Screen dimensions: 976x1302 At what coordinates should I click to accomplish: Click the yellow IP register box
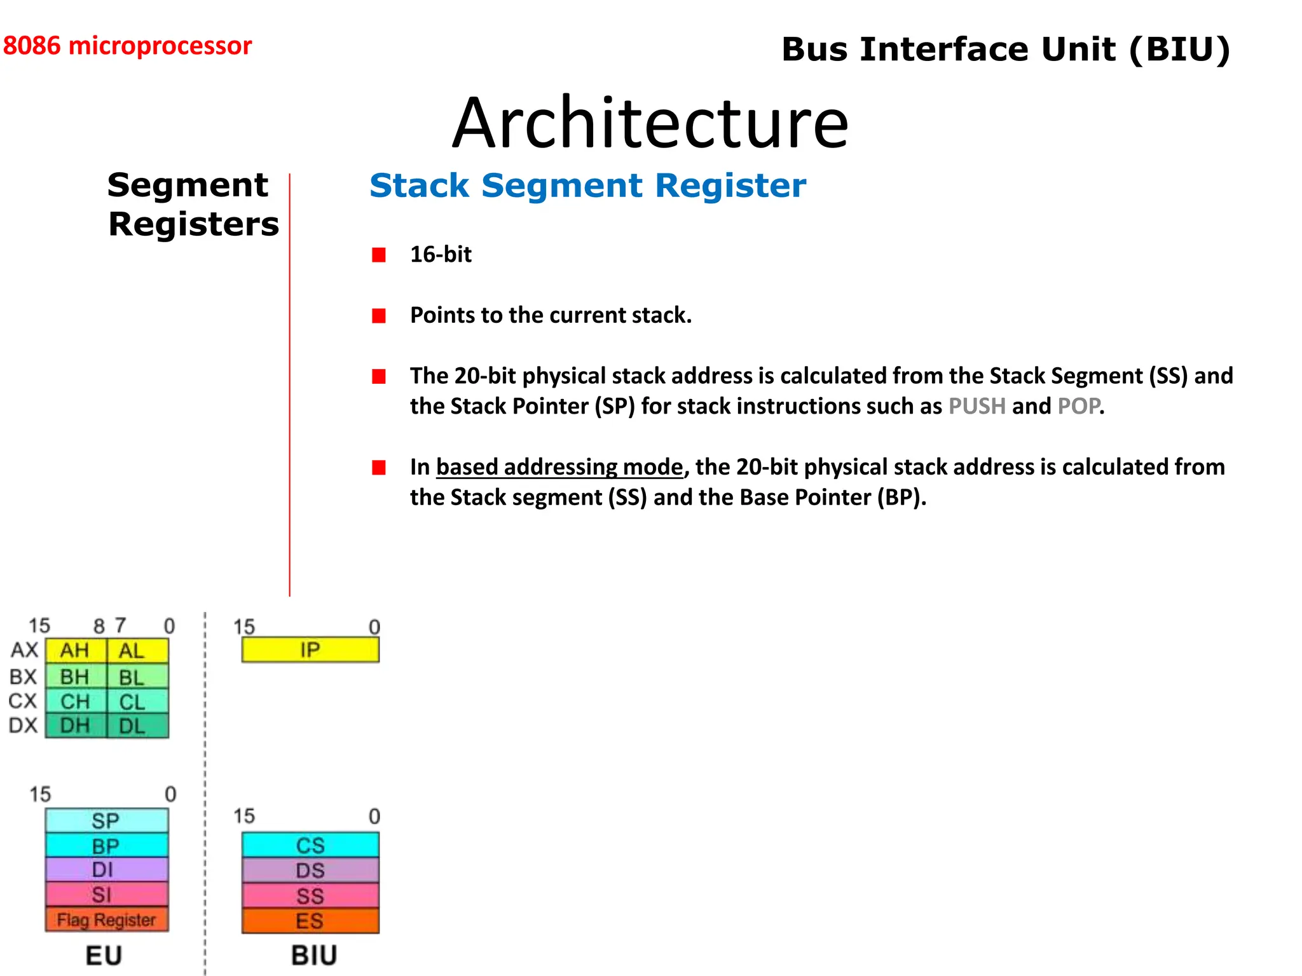pyautogui.click(x=310, y=650)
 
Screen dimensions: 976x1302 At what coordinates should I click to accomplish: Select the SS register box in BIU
pyautogui.click(x=310, y=896)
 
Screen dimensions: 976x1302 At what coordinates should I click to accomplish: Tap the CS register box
pyautogui.click(x=310, y=845)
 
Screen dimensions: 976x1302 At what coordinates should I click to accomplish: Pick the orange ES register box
pyautogui.click(x=310, y=921)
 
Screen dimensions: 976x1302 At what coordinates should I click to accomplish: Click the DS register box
pyautogui.click(x=310, y=871)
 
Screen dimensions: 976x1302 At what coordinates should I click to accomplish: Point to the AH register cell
pyautogui.click(x=75, y=651)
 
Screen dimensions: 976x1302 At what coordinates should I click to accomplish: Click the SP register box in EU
pyautogui.click(x=106, y=820)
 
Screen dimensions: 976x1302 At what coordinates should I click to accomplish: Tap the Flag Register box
pyautogui.click(x=106, y=919)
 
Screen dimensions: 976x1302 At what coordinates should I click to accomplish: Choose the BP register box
pyautogui.click(x=106, y=846)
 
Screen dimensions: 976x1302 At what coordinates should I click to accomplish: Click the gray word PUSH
pyautogui.click(x=976, y=406)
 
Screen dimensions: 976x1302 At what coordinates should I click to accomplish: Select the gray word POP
pyautogui.click(x=1078, y=406)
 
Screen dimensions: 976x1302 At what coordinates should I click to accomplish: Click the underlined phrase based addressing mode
pyautogui.click(x=559, y=467)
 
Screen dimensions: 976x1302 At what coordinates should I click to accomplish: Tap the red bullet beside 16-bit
pyautogui.click(x=379, y=255)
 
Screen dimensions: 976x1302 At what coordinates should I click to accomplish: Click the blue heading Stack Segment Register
pyautogui.click(x=587, y=186)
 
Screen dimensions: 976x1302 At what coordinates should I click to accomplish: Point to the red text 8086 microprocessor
pyautogui.click(x=127, y=46)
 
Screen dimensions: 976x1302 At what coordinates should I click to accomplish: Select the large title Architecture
pyautogui.click(x=650, y=123)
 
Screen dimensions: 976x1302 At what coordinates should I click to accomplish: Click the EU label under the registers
pyautogui.click(x=104, y=955)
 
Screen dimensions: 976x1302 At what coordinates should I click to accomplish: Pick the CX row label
pyautogui.click(x=23, y=701)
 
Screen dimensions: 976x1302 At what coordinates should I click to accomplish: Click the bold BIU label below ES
pyautogui.click(x=314, y=955)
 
